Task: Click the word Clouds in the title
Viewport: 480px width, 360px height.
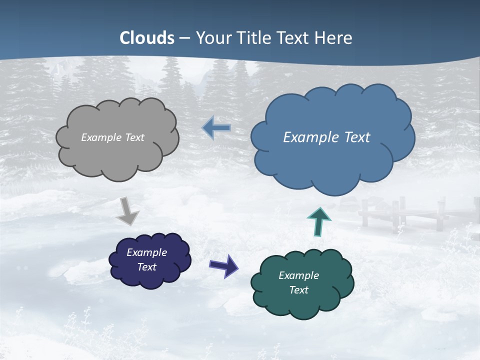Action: (147, 38)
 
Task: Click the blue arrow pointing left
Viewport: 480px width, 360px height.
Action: (216, 128)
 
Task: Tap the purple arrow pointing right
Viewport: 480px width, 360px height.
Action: (223, 265)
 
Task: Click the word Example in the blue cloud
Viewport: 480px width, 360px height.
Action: (309, 137)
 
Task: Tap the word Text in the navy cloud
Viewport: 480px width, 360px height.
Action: (147, 267)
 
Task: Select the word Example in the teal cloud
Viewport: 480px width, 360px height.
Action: (298, 275)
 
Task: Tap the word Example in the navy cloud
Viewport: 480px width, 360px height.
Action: (146, 252)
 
